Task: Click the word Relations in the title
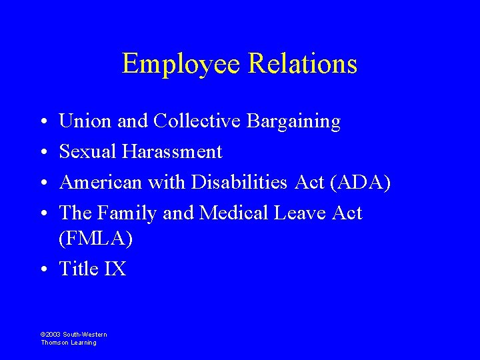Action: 303,64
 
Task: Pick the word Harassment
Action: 172,152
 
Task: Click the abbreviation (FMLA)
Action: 96,239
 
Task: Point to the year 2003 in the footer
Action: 53,334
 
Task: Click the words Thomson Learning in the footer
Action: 69,343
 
